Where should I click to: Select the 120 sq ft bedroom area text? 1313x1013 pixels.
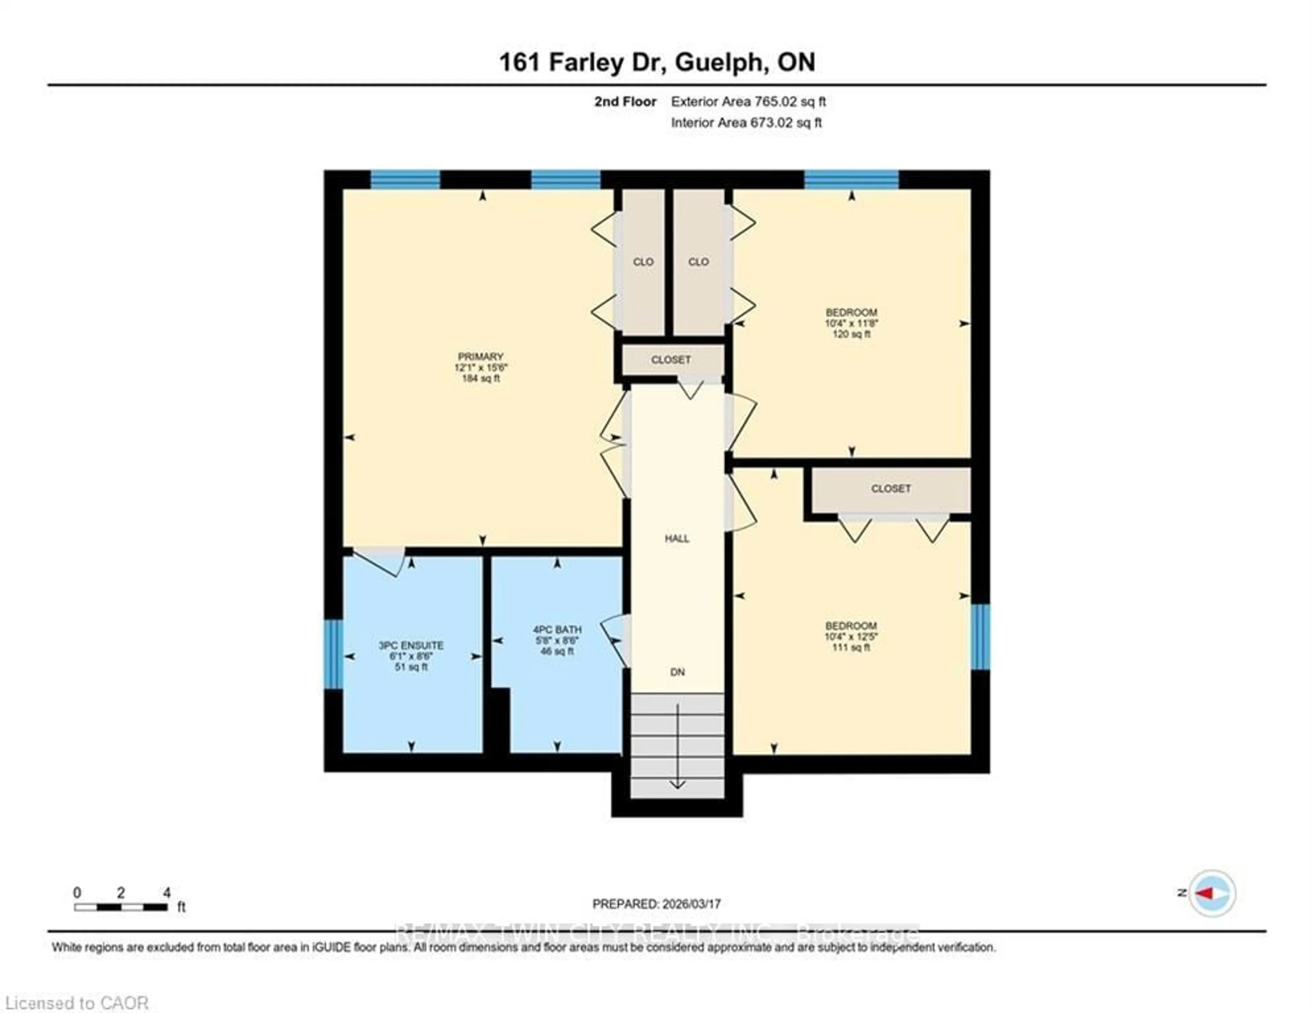(x=851, y=334)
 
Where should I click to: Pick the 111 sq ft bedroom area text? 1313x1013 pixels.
(x=851, y=647)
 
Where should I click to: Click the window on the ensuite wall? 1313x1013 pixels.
(x=332, y=654)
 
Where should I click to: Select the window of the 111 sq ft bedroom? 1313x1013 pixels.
(x=980, y=637)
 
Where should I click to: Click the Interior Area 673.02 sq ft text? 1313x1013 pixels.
(x=746, y=123)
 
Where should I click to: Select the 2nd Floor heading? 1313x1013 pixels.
(x=625, y=102)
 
